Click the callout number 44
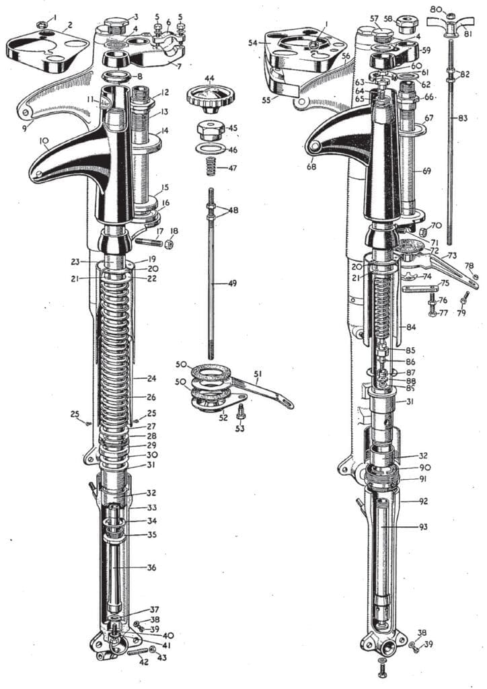pyautogui.click(x=210, y=79)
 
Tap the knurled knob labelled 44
pyautogui.click(x=209, y=98)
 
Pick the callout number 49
pyautogui.click(x=232, y=284)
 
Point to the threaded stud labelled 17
pyautogui.click(x=150, y=240)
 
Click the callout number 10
pyautogui.click(x=45, y=141)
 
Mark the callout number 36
pyautogui.click(x=152, y=567)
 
